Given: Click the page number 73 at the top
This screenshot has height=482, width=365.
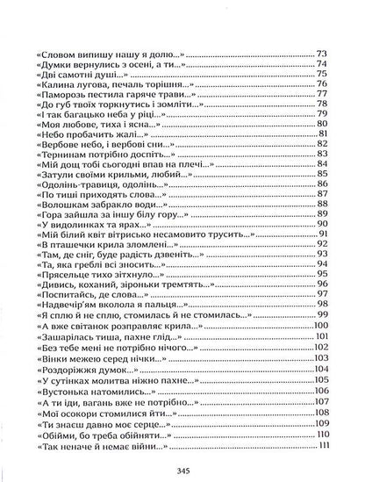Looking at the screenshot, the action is click(321, 54).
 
